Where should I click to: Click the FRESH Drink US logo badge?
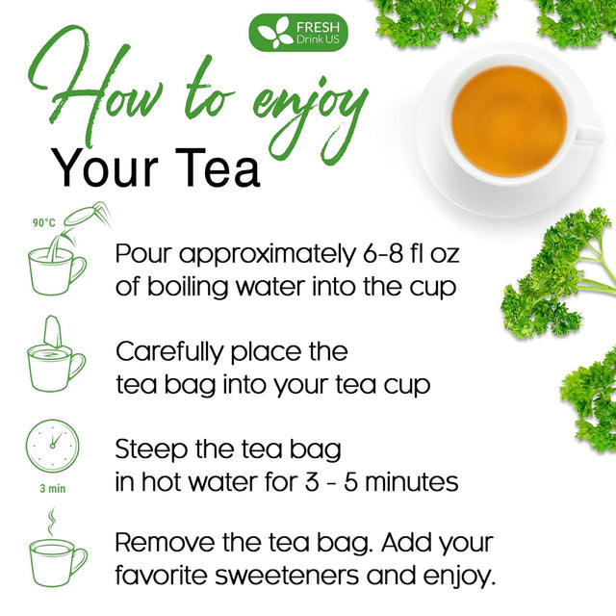[x=297, y=32]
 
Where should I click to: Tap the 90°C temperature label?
[x=44, y=222]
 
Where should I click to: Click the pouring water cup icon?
[x=58, y=260]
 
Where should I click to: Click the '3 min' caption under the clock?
[x=51, y=488]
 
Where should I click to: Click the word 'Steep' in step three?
[x=150, y=449]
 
